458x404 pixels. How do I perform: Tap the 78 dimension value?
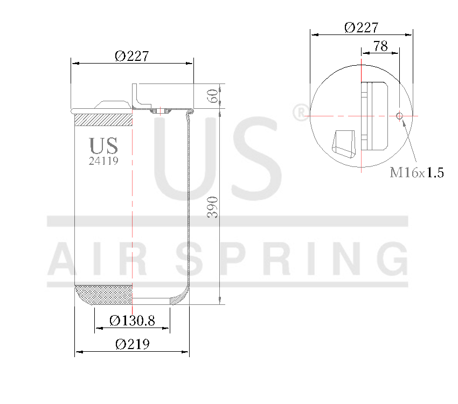click(x=380, y=47)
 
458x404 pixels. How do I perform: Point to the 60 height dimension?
click(x=213, y=96)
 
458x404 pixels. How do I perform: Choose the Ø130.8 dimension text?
click(x=132, y=321)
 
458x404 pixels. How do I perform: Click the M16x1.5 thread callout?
click(x=417, y=173)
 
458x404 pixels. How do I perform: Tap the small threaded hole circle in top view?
click(x=399, y=116)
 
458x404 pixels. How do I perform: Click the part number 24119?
click(x=103, y=161)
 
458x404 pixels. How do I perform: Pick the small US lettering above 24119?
click(x=103, y=145)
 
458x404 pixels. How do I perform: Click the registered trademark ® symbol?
click(x=299, y=112)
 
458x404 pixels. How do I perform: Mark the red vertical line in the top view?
click(x=360, y=116)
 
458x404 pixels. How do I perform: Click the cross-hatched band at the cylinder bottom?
click(x=103, y=294)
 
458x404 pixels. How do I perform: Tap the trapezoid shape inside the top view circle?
click(x=344, y=142)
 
